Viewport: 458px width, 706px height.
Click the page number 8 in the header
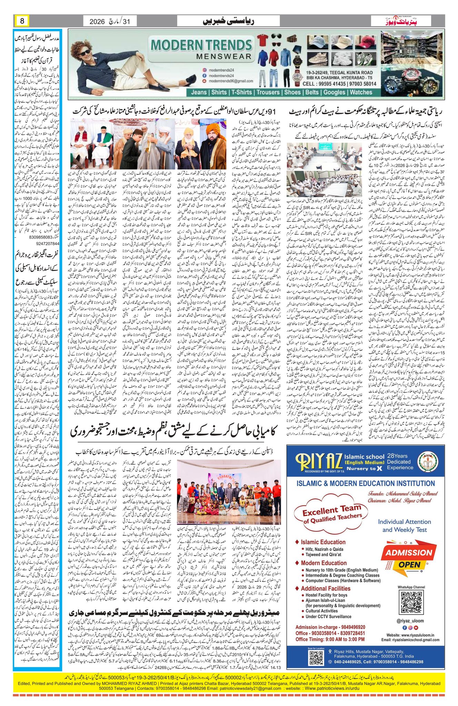coord(22,21)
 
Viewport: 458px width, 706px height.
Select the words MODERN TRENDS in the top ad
coord(201,45)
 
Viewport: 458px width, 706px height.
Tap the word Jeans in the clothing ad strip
coord(199,92)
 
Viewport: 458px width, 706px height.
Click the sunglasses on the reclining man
coord(85,52)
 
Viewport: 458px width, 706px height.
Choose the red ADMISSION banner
coord(409,553)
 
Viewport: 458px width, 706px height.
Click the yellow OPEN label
coord(409,565)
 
